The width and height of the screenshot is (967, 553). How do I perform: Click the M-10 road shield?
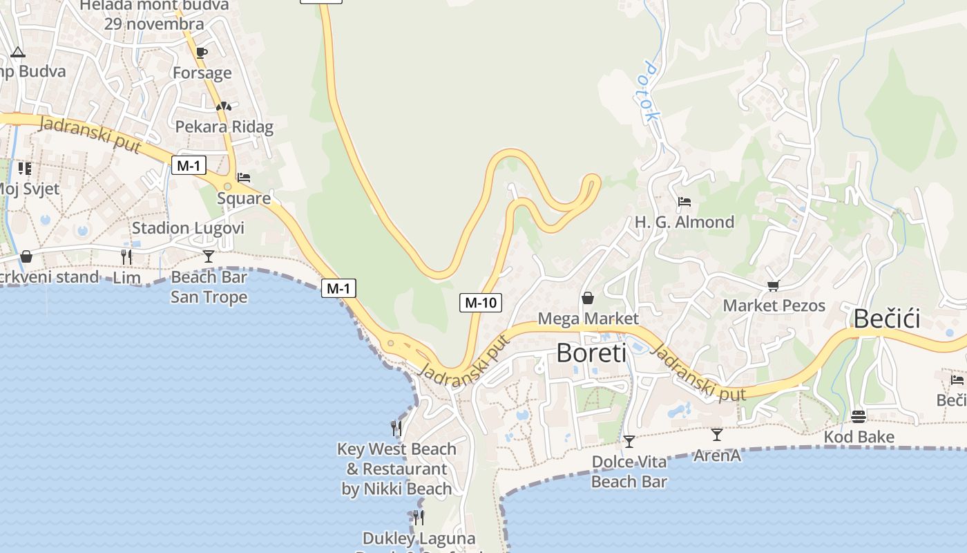click(x=480, y=302)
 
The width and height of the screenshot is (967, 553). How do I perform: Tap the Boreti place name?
click(x=591, y=353)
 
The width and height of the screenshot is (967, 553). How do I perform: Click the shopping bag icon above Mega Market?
click(x=587, y=298)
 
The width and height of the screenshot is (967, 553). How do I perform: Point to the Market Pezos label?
click(x=774, y=306)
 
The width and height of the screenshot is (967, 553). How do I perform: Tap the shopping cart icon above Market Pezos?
click(x=773, y=285)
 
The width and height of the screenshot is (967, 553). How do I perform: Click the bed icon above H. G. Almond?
click(x=684, y=202)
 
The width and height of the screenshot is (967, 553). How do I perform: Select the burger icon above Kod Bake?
click(x=859, y=417)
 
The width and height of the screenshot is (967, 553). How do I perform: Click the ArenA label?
click(x=717, y=456)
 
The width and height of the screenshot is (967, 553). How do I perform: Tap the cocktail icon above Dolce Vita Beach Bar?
click(x=629, y=441)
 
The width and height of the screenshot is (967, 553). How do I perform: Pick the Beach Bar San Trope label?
click(x=209, y=287)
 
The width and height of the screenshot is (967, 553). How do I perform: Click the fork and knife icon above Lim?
click(x=126, y=257)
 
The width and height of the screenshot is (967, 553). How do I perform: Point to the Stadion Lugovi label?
click(x=189, y=228)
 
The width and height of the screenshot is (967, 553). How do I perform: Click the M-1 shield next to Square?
click(x=189, y=165)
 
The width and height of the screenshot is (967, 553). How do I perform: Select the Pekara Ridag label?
click(x=224, y=126)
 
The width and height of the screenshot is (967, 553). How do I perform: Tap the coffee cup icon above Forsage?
click(x=201, y=53)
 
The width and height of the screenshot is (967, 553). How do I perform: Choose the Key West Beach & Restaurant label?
click(x=396, y=469)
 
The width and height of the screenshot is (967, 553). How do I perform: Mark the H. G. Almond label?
click(x=684, y=222)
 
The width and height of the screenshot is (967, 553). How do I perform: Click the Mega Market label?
click(x=588, y=319)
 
